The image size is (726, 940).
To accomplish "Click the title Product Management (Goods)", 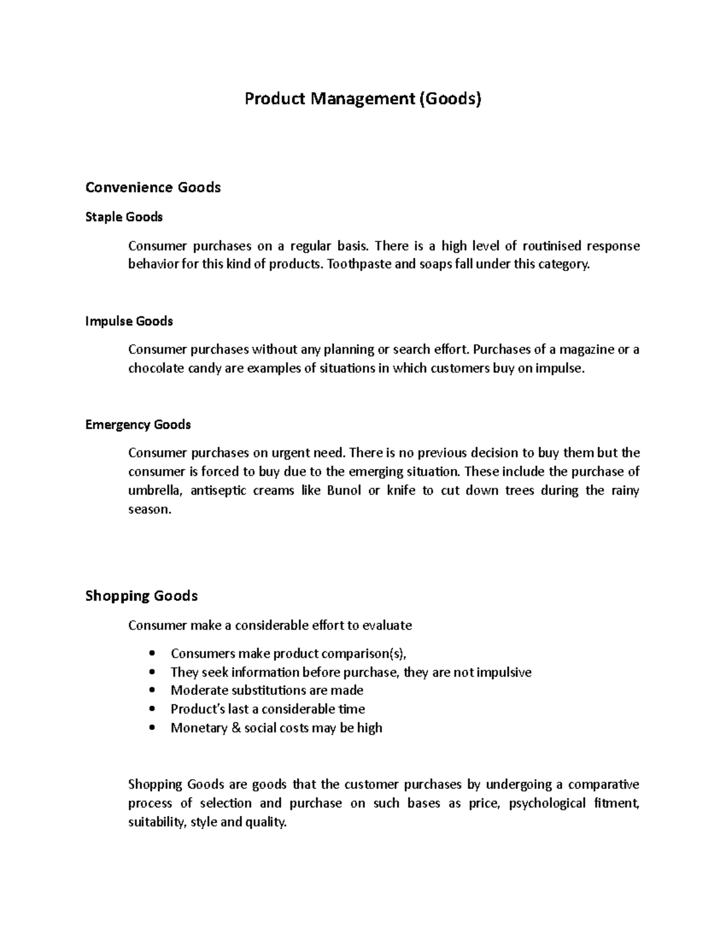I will coord(362,98).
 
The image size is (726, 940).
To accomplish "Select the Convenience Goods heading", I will coord(153,188).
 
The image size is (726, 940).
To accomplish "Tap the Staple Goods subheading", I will coord(124,217).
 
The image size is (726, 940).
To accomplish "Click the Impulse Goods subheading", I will coord(129,321).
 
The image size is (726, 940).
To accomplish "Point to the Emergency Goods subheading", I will coord(138,425).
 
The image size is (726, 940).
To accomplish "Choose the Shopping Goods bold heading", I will coord(142,596).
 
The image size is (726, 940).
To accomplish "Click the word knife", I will coord(401,491).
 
